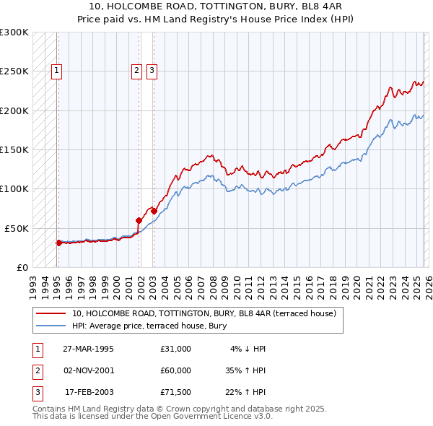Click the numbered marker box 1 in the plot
(x=57, y=71)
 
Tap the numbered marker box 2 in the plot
(x=136, y=71)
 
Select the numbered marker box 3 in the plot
(x=152, y=71)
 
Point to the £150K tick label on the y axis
(x=14, y=150)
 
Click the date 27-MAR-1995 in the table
(x=88, y=349)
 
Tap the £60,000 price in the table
(x=175, y=370)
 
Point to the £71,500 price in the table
(x=175, y=392)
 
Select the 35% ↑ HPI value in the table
(x=245, y=370)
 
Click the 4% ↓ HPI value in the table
(x=248, y=349)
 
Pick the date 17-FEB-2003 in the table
(x=89, y=392)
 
